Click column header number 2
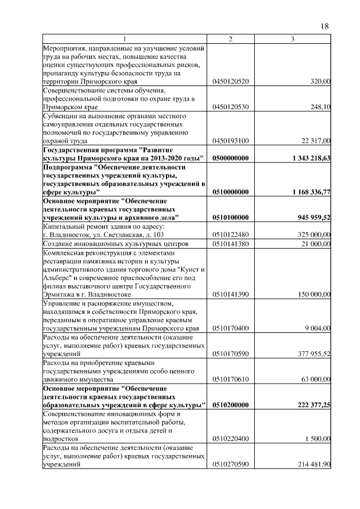coord(231,39)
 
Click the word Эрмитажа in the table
coord(59,294)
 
